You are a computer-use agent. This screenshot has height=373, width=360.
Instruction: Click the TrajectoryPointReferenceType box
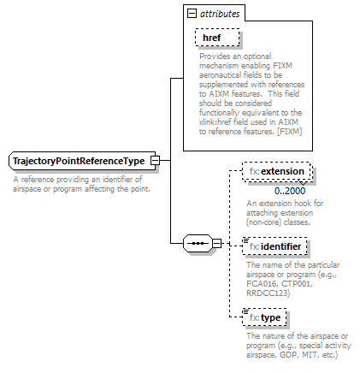(x=79, y=161)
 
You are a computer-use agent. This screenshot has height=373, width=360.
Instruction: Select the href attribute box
(x=216, y=38)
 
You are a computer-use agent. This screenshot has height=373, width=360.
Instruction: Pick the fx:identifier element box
(x=274, y=246)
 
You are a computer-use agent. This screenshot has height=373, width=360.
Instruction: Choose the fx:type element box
(x=265, y=318)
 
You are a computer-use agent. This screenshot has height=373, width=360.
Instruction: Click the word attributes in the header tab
(x=221, y=15)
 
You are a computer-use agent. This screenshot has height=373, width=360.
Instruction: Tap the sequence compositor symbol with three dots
(x=197, y=244)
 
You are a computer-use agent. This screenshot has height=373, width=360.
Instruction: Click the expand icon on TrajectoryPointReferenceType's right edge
(x=155, y=161)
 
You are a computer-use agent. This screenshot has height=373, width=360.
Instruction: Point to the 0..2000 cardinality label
(x=291, y=189)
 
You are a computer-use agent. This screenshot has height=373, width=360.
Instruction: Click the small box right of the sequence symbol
(x=216, y=244)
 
